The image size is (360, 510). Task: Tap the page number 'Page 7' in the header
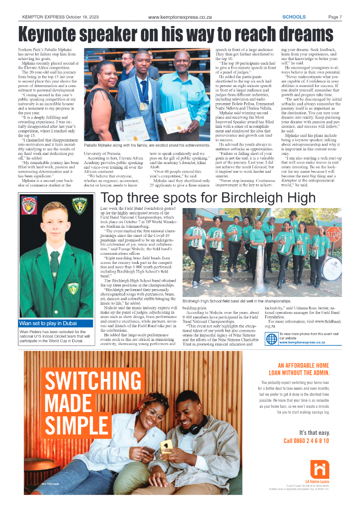[335, 17]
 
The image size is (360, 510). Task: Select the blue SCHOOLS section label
[294, 17]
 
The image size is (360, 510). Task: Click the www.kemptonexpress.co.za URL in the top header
[180, 17]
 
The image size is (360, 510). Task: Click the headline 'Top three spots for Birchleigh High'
[208, 198]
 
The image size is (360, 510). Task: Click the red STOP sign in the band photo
[333, 236]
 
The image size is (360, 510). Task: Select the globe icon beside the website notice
[272, 339]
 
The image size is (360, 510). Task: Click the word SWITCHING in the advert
[92, 380]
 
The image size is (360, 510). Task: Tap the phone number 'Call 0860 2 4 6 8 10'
[306, 441]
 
